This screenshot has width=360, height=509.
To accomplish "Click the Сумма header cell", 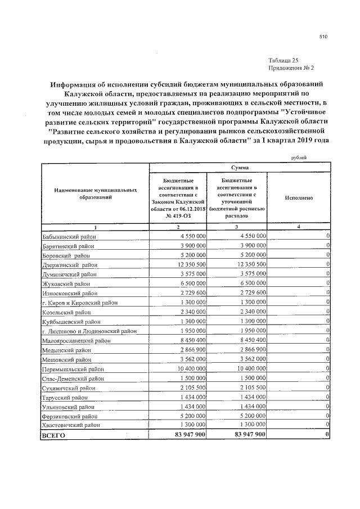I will tap(239, 168).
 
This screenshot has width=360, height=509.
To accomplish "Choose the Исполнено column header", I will tap(299, 198).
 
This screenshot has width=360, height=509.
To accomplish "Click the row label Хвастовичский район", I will tap(70, 425).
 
